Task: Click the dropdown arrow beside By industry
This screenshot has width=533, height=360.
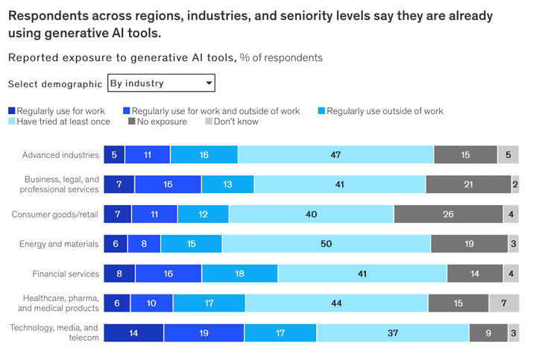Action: pyautogui.click(x=209, y=83)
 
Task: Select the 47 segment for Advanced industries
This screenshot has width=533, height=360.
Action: pyautogui.click(x=335, y=155)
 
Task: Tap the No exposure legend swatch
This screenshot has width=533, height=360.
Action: pyautogui.click(x=132, y=121)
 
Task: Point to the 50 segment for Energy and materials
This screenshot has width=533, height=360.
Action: pyautogui.click(x=326, y=244)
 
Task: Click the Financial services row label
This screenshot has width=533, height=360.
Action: pyautogui.click(x=66, y=274)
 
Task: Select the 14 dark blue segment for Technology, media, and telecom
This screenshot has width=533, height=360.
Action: pyautogui.click(x=133, y=333)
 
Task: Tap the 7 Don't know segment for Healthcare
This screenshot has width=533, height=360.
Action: pyautogui.click(x=504, y=303)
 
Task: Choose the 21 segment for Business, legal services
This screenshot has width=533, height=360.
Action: pyautogui.click(x=468, y=185)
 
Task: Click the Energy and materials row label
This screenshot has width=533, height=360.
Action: pyautogui.click(x=60, y=244)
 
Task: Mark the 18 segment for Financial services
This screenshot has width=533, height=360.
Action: pyautogui.click(x=239, y=274)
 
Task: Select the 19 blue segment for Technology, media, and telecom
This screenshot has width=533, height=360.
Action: pyautogui.click(x=204, y=333)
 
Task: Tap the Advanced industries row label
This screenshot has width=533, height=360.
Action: pyautogui.click(x=60, y=155)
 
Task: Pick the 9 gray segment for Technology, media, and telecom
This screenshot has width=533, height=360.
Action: pyautogui.click(x=488, y=333)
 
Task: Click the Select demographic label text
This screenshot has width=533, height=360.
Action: pyautogui.click(x=55, y=83)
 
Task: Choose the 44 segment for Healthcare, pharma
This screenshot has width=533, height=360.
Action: pyautogui.click(x=336, y=303)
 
